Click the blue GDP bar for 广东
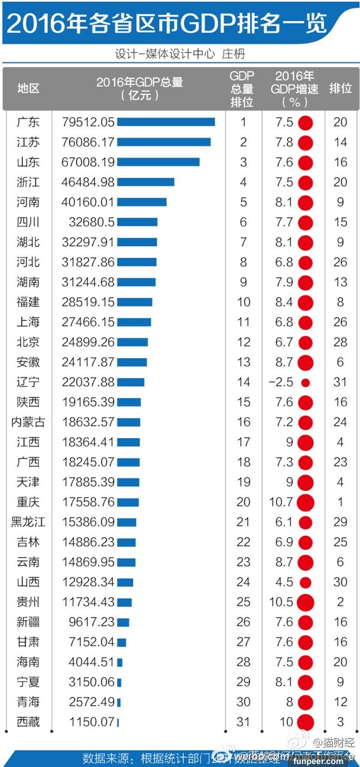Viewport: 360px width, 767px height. coord(166,122)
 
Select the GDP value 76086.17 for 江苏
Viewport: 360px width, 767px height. coord(88,142)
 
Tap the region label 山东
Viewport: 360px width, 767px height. coord(28,162)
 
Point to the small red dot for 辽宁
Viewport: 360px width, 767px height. coord(305,382)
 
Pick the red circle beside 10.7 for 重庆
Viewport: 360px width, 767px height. coord(305,502)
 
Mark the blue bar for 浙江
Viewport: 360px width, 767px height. coord(145,182)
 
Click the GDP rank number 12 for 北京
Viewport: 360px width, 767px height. coord(244,342)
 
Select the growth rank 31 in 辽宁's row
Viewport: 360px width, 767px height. coord(340,382)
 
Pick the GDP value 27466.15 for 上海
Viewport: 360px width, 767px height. coord(88,322)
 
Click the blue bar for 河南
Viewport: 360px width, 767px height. coord(142,202)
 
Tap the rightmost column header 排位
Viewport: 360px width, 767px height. coord(340,88)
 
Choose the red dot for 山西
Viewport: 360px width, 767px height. coord(305,582)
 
